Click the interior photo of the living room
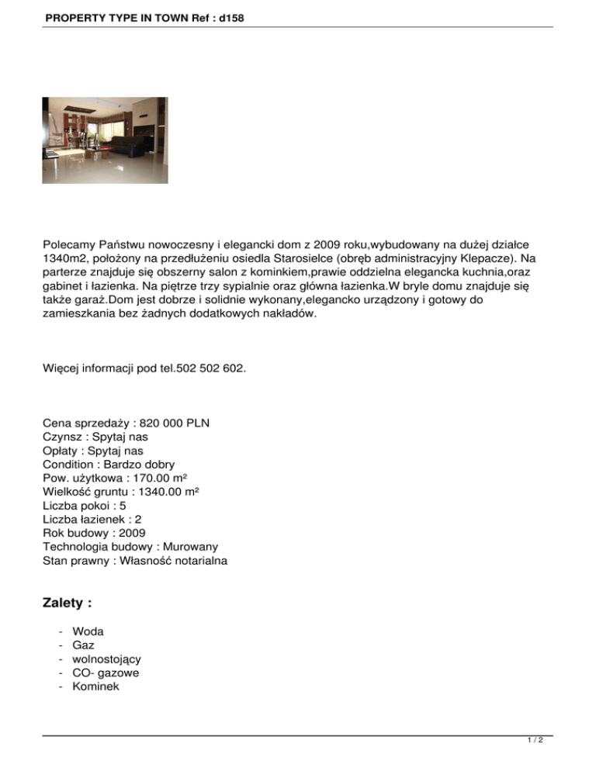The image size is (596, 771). tap(105, 140)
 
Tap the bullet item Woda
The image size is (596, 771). tap(88, 631)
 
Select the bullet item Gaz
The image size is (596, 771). tap(83, 645)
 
